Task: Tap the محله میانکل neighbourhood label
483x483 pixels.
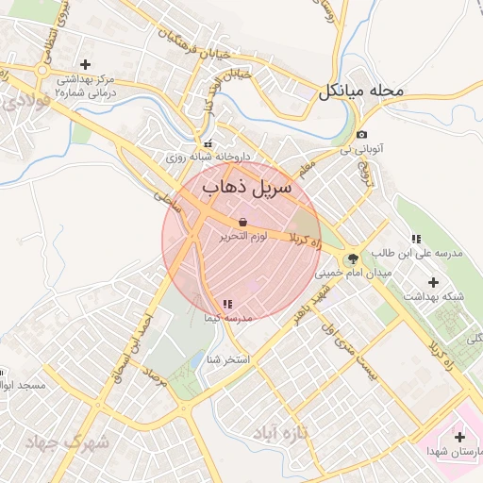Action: pyautogui.click(x=360, y=92)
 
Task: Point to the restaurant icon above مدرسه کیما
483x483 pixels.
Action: pyautogui.click(x=227, y=304)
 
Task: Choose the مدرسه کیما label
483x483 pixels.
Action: pyautogui.click(x=227, y=319)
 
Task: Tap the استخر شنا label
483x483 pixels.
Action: pyautogui.click(x=227, y=359)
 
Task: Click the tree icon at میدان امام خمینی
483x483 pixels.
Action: pyautogui.click(x=354, y=257)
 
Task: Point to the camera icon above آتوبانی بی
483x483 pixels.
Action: pyautogui.click(x=362, y=135)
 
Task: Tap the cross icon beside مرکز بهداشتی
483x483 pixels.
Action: pyautogui.click(x=86, y=65)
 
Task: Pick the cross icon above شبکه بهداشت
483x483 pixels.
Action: pyautogui.click(x=433, y=281)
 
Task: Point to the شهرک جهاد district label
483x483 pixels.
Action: pyautogui.click(x=69, y=441)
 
